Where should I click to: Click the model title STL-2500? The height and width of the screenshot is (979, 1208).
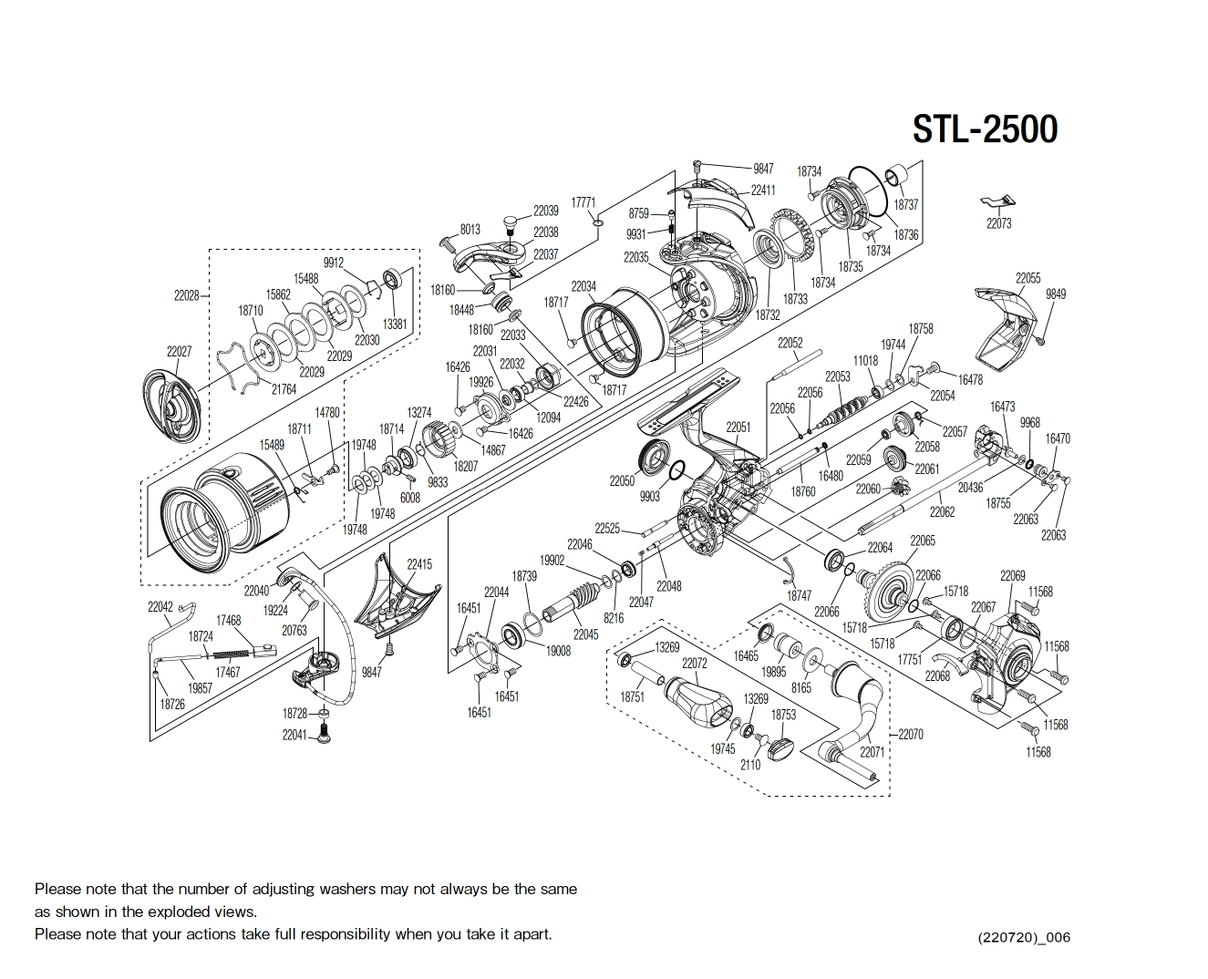(985, 129)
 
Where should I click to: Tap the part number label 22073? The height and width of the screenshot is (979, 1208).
(998, 223)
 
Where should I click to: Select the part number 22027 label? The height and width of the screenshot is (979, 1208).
(179, 351)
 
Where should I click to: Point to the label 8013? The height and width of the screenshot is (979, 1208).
(470, 230)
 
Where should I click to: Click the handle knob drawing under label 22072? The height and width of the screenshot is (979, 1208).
(698, 701)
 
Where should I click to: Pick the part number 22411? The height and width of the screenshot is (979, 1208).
(763, 191)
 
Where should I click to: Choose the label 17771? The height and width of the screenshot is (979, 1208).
(583, 202)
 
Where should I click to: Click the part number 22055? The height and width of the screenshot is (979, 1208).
(1027, 278)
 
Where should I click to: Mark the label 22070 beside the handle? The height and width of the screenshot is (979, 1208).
(910, 734)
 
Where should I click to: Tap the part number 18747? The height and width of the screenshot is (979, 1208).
(799, 595)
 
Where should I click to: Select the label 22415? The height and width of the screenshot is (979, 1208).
(419, 564)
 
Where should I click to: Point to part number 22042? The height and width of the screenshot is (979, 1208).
(160, 606)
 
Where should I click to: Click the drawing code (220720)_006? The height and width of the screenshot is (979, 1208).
(1024, 937)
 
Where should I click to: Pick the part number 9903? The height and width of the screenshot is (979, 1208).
(649, 497)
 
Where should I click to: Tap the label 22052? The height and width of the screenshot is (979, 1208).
(790, 343)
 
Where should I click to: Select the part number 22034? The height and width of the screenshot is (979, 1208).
(583, 286)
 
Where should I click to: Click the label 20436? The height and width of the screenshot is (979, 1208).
(970, 488)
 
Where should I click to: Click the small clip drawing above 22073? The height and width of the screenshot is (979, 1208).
(997, 201)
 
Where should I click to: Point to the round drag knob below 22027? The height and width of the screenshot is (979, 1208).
(172, 402)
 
